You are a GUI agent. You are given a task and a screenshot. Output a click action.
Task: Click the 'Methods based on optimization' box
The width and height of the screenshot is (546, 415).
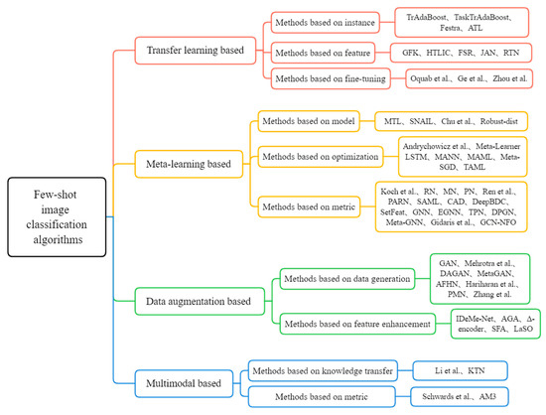click(320, 156)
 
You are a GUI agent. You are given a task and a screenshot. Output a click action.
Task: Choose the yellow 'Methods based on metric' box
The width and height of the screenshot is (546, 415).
click(311, 206)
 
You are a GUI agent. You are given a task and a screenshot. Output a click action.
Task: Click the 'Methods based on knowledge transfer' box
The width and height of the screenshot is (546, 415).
click(323, 369)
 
